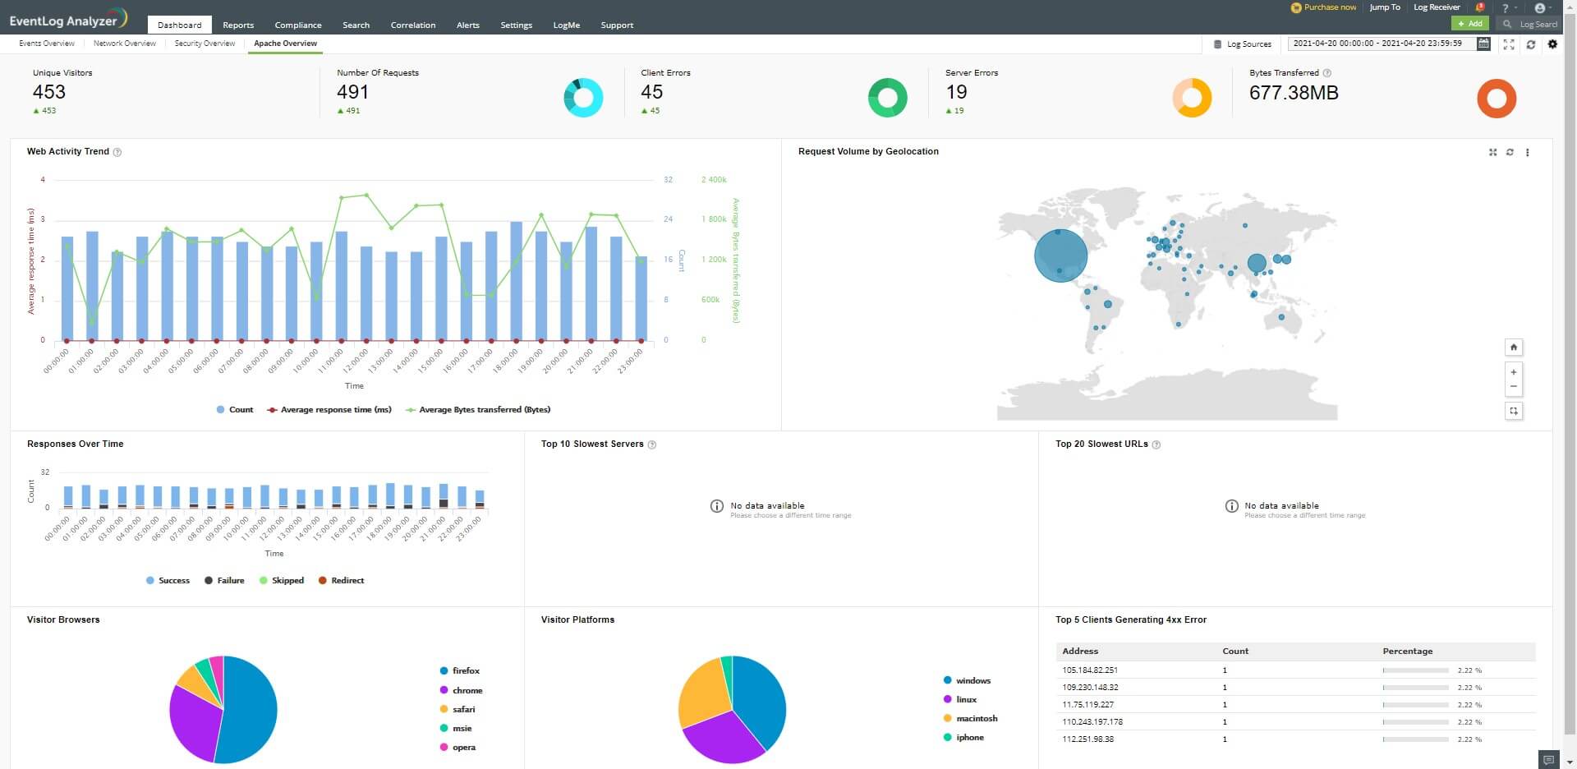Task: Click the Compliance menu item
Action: (x=297, y=25)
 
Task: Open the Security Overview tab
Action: (x=205, y=44)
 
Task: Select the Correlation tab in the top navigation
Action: (x=412, y=25)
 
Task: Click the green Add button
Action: (x=1469, y=24)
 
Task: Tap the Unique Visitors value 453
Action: (x=49, y=92)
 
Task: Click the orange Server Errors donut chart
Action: (x=1191, y=98)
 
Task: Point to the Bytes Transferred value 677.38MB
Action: (x=1293, y=93)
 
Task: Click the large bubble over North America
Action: (x=1060, y=256)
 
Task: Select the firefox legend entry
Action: (x=466, y=671)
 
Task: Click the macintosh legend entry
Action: (x=976, y=719)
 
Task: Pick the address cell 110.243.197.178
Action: (x=1092, y=722)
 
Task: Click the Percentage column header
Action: (x=1407, y=652)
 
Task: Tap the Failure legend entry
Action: (x=230, y=581)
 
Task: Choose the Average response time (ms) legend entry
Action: (x=336, y=410)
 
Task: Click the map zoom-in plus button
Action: (x=1513, y=372)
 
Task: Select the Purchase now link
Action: (x=1329, y=7)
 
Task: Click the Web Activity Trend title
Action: (x=68, y=152)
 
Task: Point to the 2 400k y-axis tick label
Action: (x=714, y=180)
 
